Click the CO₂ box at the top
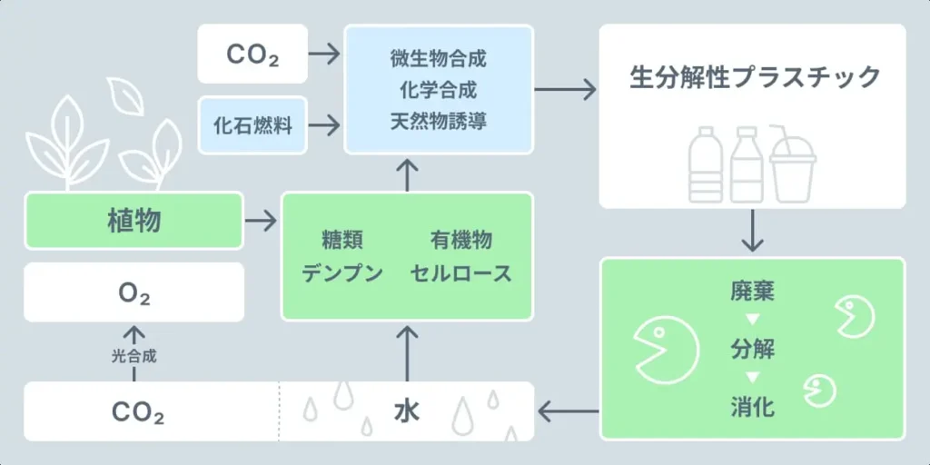pos(252,54)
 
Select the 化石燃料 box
pos(252,125)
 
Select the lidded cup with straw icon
pos(793,165)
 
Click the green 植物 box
pos(134,220)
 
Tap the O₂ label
pos(134,294)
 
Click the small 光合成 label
pos(134,357)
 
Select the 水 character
pos(406,411)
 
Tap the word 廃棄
pos(752,292)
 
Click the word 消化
pos(752,407)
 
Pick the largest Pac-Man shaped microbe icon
pos(667,348)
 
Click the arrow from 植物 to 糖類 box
pos(262,220)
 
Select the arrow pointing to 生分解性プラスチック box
pos(565,89)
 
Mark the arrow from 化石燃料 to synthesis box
pos(324,125)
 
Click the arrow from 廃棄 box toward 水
pos(568,412)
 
